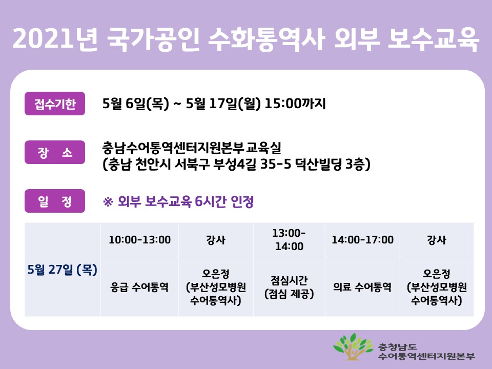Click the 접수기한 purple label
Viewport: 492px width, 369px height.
pyautogui.click(x=55, y=104)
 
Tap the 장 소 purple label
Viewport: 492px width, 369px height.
pyautogui.click(x=55, y=153)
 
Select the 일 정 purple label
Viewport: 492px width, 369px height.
pyautogui.click(x=55, y=201)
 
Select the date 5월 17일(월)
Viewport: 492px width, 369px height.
pyautogui.click(x=224, y=104)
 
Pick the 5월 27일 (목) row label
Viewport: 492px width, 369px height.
pyautogui.click(x=63, y=269)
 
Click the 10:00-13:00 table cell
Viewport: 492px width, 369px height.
pyautogui.click(x=139, y=240)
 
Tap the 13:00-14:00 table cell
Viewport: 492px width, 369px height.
pyautogui.click(x=289, y=240)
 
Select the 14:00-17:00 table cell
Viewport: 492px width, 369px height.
pyautogui.click(x=362, y=240)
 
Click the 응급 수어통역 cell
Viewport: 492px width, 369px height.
pyautogui.click(x=139, y=287)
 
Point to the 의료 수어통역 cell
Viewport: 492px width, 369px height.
pyautogui.click(x=362, y=287)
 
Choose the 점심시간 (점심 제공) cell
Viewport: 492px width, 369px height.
pyautogui.click(x=289, y=287)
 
